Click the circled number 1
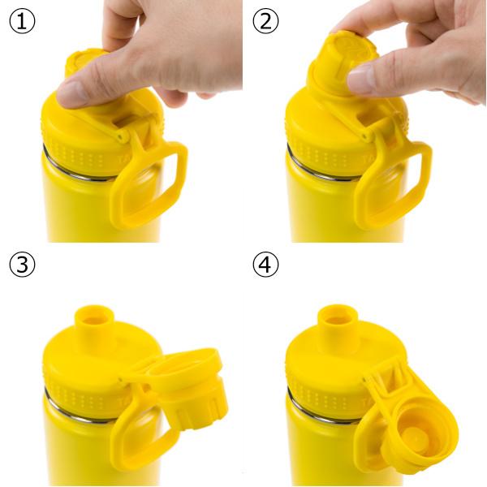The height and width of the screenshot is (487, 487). (22, 21)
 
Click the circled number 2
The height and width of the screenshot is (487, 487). (265, 21)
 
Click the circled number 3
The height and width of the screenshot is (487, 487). (22, 265)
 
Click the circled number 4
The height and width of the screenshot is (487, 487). (265, 265)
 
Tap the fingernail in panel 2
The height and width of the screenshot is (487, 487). (360, 80)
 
